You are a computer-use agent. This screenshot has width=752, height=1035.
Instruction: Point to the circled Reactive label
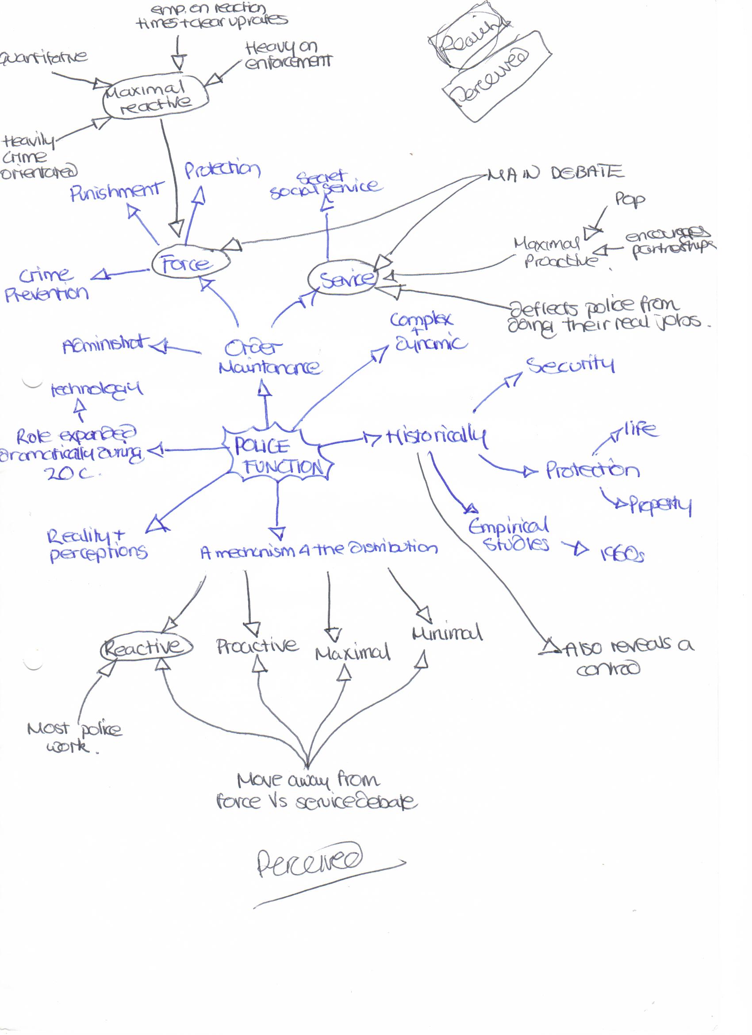click(145, 647)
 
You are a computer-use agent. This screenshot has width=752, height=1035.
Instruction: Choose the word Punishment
click(116, 192)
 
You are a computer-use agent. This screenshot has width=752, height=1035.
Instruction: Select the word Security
click(570, 365)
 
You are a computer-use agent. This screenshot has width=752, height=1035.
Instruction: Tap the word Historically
click(436, 437)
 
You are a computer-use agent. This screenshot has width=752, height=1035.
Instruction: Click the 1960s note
click(622, 555)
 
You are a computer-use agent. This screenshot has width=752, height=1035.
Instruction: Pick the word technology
click(96, 389)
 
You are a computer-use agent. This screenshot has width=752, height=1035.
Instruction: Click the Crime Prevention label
click(46, 284)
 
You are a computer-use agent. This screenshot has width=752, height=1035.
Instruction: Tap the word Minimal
click(447, 633)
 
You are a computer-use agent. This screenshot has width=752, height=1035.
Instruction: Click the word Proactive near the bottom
click(257, 646)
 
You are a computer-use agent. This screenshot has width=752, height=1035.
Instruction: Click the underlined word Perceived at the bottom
click(309, 860)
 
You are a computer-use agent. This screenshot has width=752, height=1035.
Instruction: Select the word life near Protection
click(640, 429)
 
